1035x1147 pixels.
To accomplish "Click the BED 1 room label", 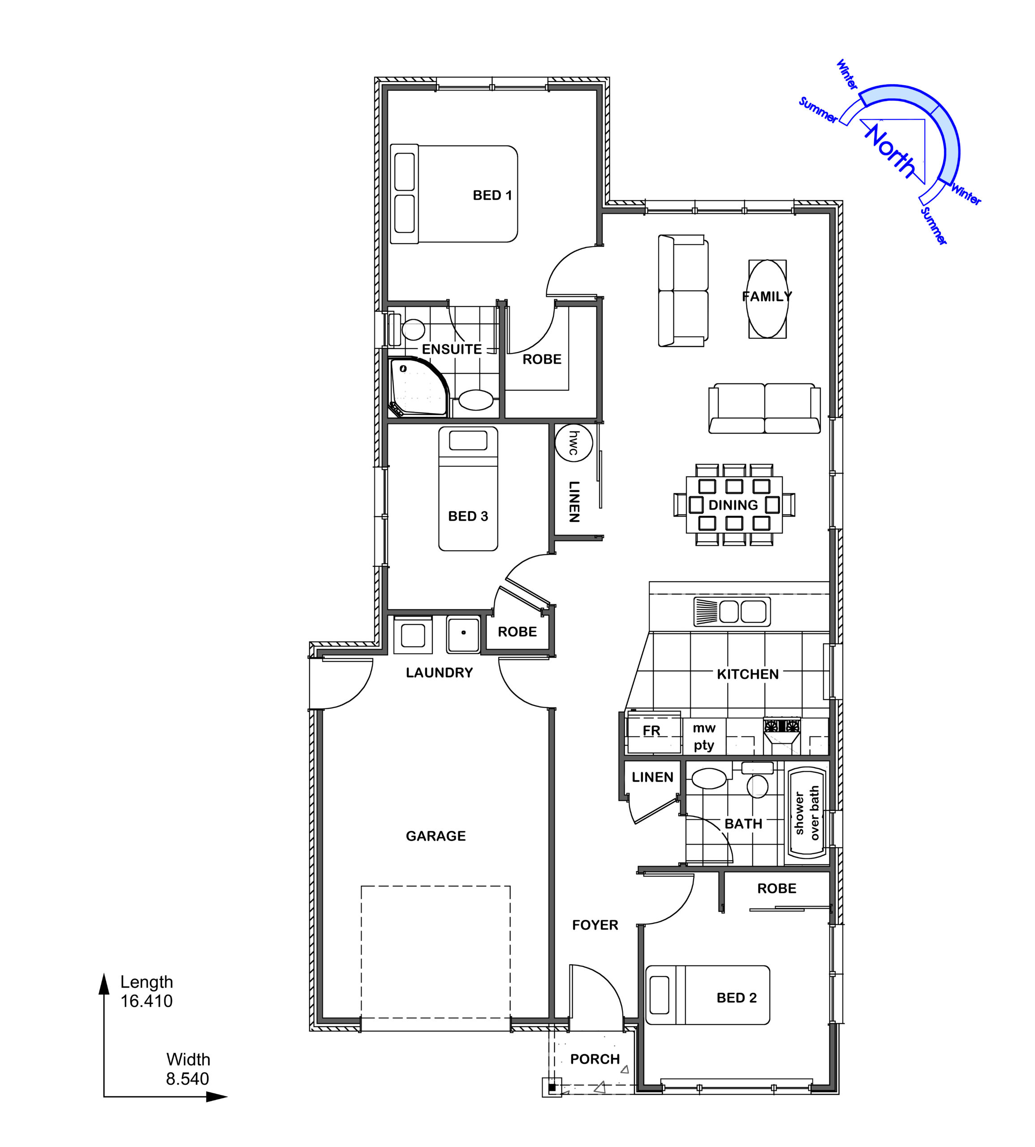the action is (492, 195).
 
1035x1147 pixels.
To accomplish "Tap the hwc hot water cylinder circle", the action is (574, 442).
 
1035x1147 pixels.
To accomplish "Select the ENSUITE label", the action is (452, 349).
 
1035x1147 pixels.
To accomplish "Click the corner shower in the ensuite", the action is (418, 387).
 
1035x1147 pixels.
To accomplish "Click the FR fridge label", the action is (652, 731).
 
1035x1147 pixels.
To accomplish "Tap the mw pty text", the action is (704, 737).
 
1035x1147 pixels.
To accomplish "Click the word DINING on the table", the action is (733, 505).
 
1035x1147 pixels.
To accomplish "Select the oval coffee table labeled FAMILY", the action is (767, 299).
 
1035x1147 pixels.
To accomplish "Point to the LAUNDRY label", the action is (439, 673).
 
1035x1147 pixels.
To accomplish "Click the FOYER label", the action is (595, 925).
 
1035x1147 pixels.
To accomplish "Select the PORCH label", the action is (595, 1059).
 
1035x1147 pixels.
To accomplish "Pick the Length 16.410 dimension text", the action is (146, 991).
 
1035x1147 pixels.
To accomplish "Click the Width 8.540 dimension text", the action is (188, 1069).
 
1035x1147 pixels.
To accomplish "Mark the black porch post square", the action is (552, 1087).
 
